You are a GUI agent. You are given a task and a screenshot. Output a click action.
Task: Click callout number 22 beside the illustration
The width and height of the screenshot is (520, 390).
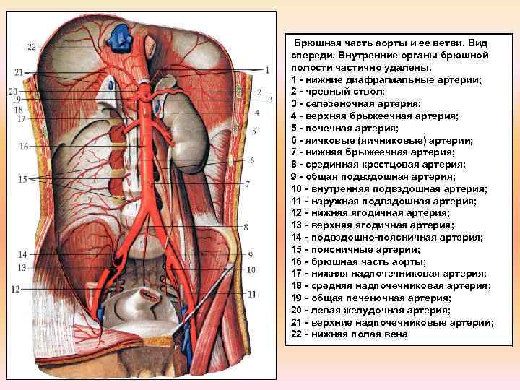[x=32, y=47]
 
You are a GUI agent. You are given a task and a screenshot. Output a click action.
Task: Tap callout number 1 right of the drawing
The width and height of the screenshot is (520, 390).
[x=266, y=70]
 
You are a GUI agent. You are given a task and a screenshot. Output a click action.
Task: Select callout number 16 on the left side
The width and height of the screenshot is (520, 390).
[x=24, y=147]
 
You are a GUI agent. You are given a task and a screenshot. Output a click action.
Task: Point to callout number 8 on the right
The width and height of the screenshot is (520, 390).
[x=246, y=227]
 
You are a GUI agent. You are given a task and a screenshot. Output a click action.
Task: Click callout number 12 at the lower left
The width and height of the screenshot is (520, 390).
[x=15, y=288]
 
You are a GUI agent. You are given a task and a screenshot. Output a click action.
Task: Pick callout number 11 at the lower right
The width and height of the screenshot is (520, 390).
[x=251, y=294]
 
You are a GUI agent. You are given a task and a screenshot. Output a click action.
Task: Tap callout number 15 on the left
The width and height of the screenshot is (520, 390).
[x=24, y=178]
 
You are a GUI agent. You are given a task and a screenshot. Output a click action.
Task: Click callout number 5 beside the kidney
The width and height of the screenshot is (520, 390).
[x=254, y=131]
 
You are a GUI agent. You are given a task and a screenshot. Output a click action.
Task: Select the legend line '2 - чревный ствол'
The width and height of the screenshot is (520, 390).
[x=337, y=92]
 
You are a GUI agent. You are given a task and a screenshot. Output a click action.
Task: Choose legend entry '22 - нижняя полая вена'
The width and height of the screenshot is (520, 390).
[x=350, y=334]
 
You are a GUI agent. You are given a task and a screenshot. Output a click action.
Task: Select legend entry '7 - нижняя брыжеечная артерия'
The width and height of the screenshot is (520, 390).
[x=373, y=152]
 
